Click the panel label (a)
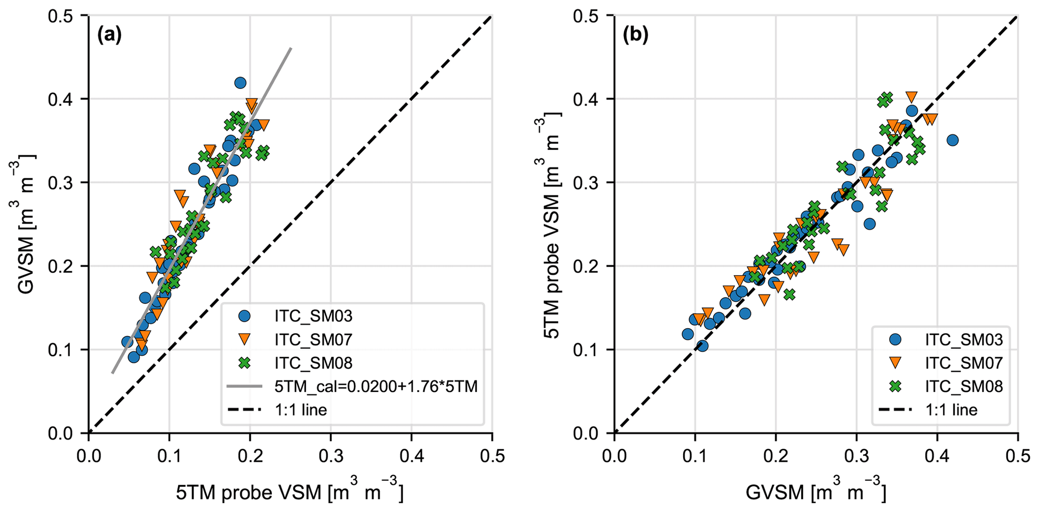click(x=109, y=35)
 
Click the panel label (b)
click(x=635, y=35)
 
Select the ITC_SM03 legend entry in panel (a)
click(x=313, y=316)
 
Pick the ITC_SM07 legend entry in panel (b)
click(x=964, y=363)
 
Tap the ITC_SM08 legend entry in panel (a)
click(x=313, y=363)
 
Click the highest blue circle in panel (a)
click(x=240, y=83)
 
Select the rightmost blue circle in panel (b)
click(x=952, y=140)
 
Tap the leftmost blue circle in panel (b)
click(x=688, y=334)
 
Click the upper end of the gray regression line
click(x=291, y=48)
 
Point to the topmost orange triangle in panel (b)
click(x=911, y=96)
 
